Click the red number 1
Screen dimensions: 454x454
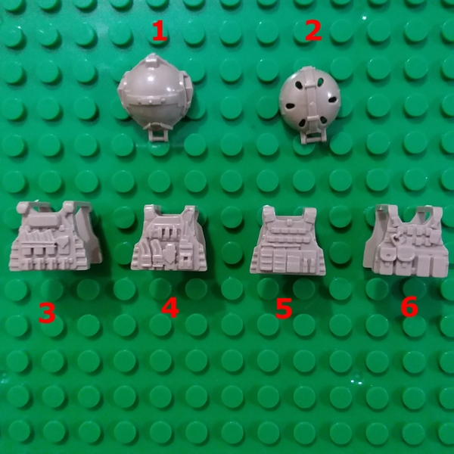click(x=158, y=31)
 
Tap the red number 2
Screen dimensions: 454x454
click(x=313, y=31)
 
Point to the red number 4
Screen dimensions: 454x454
click(x=169, y=308)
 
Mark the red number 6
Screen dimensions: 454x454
click(x=409, y=306)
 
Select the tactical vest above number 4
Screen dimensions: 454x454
click(x=170, y=238)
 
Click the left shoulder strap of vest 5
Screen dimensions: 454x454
click(x=266, y=213)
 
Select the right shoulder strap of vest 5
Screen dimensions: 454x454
click(x=309, y=214)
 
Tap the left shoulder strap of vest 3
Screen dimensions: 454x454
click(x=30, y=208)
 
